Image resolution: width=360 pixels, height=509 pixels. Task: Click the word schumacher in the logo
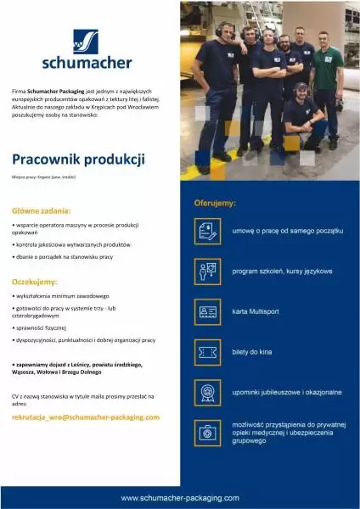point(87,62)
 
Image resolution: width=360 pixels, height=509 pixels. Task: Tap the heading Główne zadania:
point(42,210)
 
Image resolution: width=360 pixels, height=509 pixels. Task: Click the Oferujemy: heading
point(215,204)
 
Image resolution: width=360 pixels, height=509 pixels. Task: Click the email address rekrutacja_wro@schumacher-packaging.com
point(86,417)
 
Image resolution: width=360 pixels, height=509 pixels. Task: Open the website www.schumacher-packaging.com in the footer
point(180,498)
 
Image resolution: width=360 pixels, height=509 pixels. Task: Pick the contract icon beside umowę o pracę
point(206,231)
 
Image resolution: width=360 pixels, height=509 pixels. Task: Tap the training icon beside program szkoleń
point(206,271)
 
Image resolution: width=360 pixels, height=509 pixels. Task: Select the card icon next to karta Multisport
point(206,312)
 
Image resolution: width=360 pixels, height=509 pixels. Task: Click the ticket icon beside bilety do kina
point(206,352)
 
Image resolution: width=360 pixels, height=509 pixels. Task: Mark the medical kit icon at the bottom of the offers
point(206,433)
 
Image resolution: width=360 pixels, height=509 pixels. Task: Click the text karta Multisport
point(259,312)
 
